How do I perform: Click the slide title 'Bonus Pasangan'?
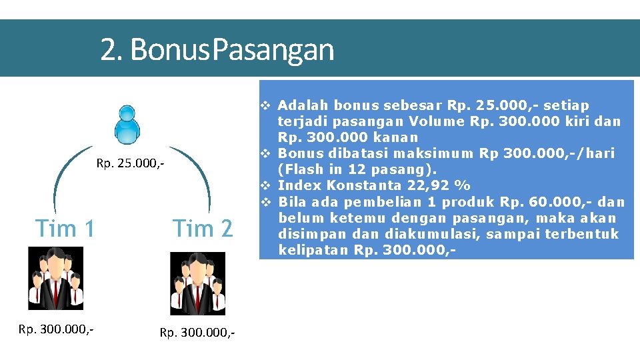pyautogui.click(x=217, y=49)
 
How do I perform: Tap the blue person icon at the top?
pyautogui.click(x=127, y=125)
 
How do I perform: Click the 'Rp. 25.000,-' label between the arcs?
pyautogui.click(x=131, y=163)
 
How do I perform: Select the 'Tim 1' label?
pyautogui.click(x=65, y=229)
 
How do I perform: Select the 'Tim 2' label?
pyautogui.click(x=203, y=229)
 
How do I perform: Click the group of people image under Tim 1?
pyautogui.click(x=56, y=278)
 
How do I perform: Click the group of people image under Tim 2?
pyautogui.click(x=197, y=283)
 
